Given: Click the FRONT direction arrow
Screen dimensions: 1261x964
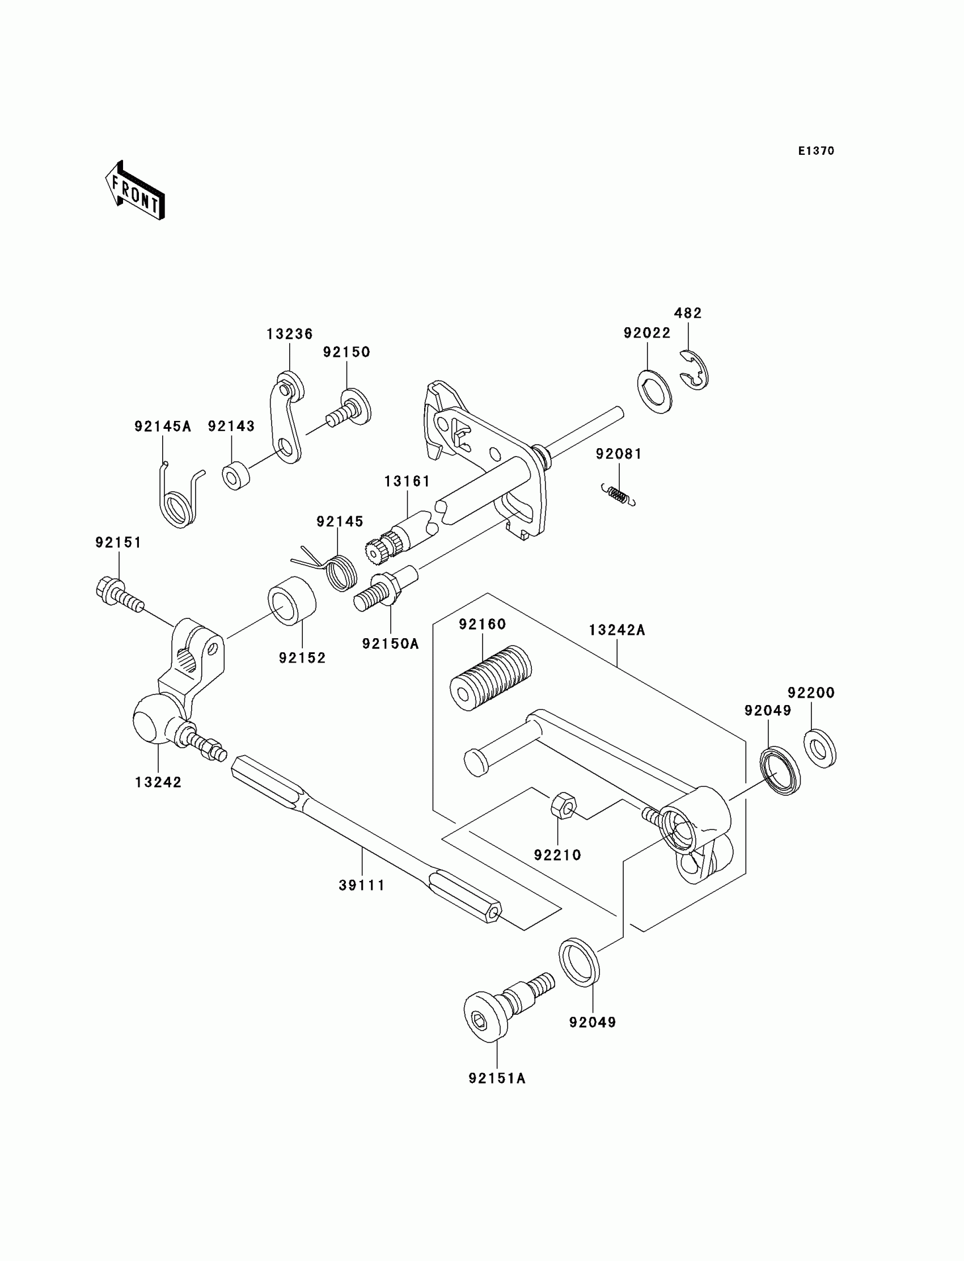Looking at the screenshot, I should (x=135, y=191).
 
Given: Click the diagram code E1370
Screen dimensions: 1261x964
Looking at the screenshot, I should (x=816, y=151).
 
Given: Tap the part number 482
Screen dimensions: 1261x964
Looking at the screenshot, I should (x=687, y=313).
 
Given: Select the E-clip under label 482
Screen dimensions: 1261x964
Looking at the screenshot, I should (x=696, y=371).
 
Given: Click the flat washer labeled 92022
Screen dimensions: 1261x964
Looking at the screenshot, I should (x=655, y=391).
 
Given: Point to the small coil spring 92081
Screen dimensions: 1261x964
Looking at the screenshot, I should (x=618, y=495).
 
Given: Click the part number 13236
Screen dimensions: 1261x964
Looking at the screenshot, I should (x=289, y=334).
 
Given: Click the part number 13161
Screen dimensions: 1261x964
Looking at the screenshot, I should (x=407, y=481).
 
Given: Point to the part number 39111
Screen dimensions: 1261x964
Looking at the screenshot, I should (x=362, y=885).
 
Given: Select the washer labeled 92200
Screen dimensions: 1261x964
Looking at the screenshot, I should (x=820, y=748).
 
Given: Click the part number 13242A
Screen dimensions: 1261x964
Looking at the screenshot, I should (x=617, y=630).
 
